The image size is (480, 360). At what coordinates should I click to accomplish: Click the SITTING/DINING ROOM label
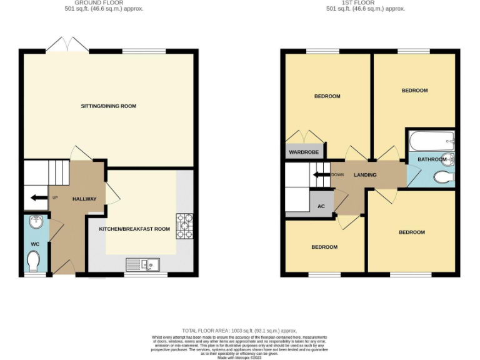tap(108, 106)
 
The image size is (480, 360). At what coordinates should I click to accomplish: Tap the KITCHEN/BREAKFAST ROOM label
tap(134, 229)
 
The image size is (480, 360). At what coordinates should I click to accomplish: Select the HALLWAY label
tap(84, 199)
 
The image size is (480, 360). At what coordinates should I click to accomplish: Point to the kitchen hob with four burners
tap(185, 227)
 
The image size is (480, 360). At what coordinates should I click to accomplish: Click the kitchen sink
tap(143, 264)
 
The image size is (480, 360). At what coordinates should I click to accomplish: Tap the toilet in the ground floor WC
tap(34, 260)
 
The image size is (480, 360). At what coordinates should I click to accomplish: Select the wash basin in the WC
tap(35, 222)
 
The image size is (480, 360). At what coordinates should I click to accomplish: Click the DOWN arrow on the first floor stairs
tap(321, 175)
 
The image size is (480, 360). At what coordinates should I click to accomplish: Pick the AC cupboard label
tap(321, 206)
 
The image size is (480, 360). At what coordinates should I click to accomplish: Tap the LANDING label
tap(364, 175)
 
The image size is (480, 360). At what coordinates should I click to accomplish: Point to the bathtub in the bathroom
tap(432, 139)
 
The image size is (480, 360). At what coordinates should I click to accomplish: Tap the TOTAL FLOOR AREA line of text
tap(239, 331)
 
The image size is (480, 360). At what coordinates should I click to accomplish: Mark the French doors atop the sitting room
tap(66, 45)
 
